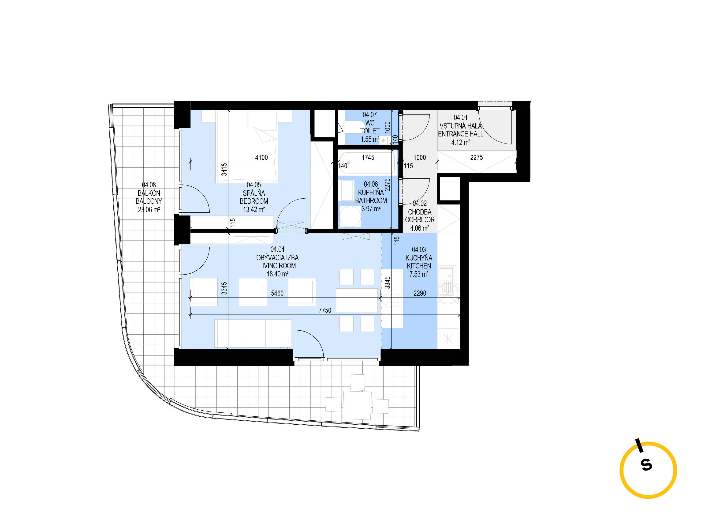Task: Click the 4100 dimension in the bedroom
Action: (261, 157)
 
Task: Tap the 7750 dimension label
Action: (325, 310)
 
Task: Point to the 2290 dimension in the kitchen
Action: (420, 293)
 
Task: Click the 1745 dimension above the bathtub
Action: (368, 157)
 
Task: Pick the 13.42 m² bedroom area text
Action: (254, 209)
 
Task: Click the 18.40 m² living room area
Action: (277, 274)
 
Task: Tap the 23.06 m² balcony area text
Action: (149, 209)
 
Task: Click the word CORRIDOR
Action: (420, 220)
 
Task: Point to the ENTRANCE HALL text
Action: (461, 134)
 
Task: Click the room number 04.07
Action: (369, 115)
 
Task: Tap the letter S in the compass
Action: (647, 465)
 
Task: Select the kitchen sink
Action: (447, 281)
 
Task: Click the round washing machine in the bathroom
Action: (350, 216)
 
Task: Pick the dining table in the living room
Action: (357, 300)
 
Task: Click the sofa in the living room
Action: (253, 333)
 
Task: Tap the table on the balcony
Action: (357, 405)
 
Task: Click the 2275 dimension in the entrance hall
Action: (477, 157)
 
